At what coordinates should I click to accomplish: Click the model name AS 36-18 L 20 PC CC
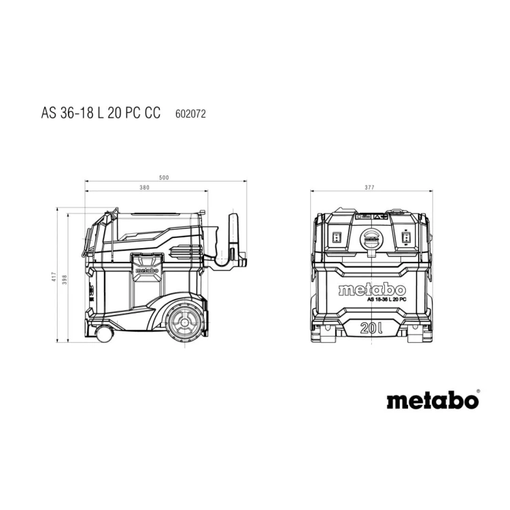point(101,112)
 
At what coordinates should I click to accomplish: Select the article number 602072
point(190,114)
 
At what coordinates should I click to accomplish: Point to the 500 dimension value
point(164,177)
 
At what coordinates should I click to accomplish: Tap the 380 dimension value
point(144,188)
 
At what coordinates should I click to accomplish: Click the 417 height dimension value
point(54,277)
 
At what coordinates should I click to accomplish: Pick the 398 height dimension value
point(65,279)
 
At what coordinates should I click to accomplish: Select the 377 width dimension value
point(369,188)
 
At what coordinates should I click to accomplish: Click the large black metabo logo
point(432,401)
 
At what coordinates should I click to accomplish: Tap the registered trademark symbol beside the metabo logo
point(477,390)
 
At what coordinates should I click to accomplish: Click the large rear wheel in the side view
point(185,322)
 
